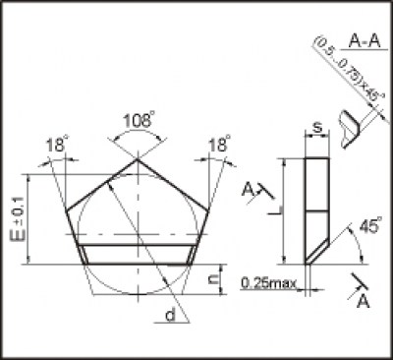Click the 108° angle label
coord(138,120)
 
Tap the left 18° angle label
coord(57,145)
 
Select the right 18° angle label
coord(219,144)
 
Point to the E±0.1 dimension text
coord(20,218)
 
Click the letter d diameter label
coord(170,316)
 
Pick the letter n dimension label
coord(214,278)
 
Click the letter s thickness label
coord(316,127)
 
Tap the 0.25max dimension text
coord(268,282)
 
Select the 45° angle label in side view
coord(370,225)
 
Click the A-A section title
coord(365,41)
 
